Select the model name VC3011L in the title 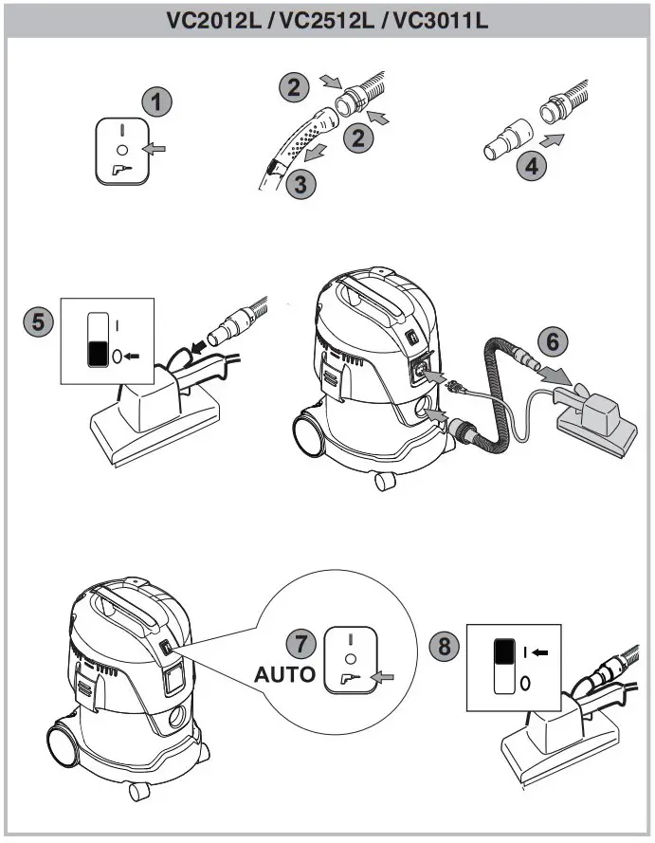point(444,20)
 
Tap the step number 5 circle point(38,321)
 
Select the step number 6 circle point(553,339)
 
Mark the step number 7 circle point(301,643)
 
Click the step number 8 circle point(443,647)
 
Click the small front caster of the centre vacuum point(385,481)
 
